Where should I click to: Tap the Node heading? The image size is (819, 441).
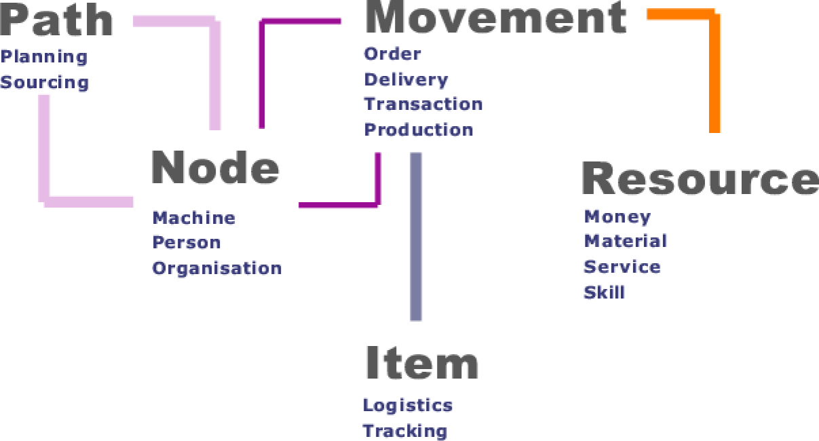pyautogui.click(x=214, y=167)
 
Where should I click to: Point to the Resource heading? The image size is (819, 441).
pyautogui.click(x=700, y=179)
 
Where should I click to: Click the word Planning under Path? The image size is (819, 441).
pyautogui.click(x=44, y=57)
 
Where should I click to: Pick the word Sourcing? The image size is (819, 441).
pyautogui.click(x=45, y=83)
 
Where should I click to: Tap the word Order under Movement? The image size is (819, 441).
pyautogui.click(x=392, y=54)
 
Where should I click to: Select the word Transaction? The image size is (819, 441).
pyautogui.click(x=423, y=104)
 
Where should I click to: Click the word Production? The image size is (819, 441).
pyautogui.click(x=419, y=130)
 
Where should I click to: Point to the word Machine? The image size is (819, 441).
pyautogui.click(x=193, y=218)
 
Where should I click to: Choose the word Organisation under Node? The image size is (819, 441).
pyautogui.click(x=216, y=268)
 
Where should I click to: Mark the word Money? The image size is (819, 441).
pyautogui.click(x=617, y=216)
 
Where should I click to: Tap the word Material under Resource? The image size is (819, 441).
pyautogui.click(x=625, y=241)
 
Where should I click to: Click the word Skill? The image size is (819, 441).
pyautogui.click(x=604, y=293)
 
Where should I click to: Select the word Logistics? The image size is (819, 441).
pyautogui.click(x=407, y=406)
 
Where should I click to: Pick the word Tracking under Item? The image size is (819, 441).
pyautogui.click(x=404, y=431)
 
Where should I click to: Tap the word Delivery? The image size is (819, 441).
pyautogui.click(x=406, y=79)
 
